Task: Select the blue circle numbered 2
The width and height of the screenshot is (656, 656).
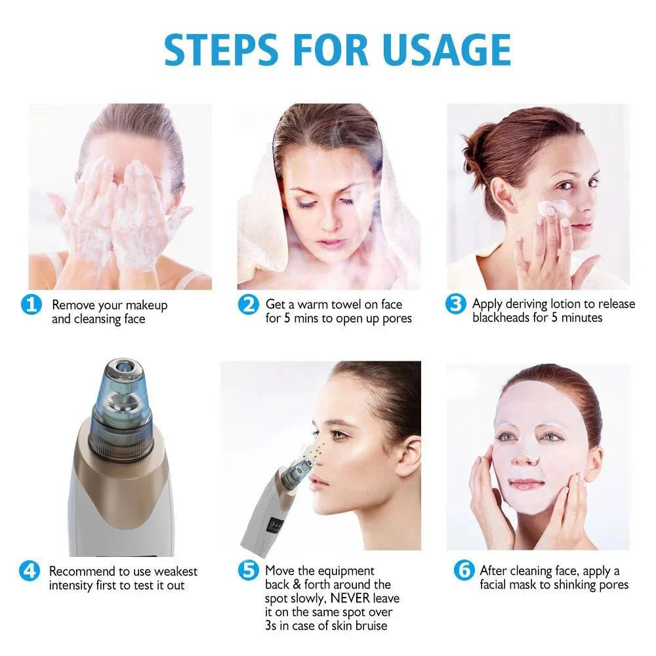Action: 248,304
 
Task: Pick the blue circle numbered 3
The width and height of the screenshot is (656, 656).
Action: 455,304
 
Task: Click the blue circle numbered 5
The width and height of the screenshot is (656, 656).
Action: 248,571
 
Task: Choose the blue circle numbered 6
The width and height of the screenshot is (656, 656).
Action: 464,571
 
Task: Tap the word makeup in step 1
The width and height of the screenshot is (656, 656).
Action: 146,305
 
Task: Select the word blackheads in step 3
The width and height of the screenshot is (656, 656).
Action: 502,318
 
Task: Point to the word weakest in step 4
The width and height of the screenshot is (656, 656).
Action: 175,571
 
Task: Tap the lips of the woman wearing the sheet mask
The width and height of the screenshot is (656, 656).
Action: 527,484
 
